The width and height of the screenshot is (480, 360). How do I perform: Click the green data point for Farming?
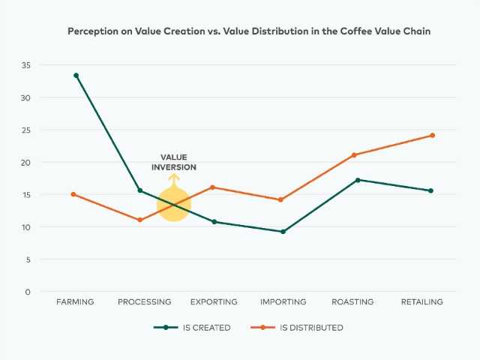pyautogui.click(x=76, y=75)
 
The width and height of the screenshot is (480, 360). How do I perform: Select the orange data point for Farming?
pyautogui.click(x=73, y=194)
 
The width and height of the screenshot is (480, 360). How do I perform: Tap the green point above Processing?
pyautogui.click(x=139, y=190)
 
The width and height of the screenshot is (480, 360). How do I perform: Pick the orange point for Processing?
pyautogui.click(x=139, y=220)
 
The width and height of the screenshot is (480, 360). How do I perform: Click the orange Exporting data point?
pyautogui.click(x=213, y=187)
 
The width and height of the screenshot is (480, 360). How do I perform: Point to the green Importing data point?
pyautogui.click(x=283, y=232)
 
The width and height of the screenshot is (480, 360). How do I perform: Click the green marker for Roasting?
pyautogui.click(x=358, y=180)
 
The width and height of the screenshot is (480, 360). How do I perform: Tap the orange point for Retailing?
pyautogui.click(x=432, y=136)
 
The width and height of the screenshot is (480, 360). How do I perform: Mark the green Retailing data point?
pyautogui.click(x=430, y=190)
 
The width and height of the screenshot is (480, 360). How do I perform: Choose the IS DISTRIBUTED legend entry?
pyautogui.click(x=300, y=328)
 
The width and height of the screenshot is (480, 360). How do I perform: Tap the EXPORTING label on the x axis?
pyautogui.click(x=214, y=302)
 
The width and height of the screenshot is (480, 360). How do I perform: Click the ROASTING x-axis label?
pyautogui.click(x=352, y=302)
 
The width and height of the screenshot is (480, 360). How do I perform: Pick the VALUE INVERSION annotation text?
pyautogui.click(x=174, y=162)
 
